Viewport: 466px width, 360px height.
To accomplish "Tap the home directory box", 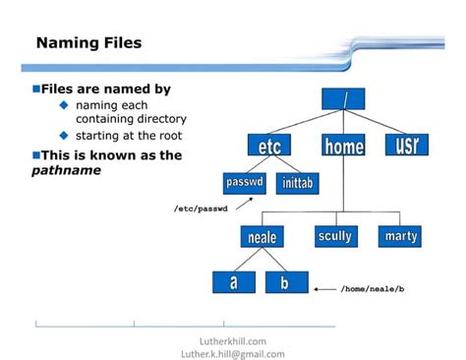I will [x=343, y=147].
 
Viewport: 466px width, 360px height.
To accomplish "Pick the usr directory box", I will [x=406, y=147].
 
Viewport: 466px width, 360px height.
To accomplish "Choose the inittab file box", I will [x=299, y=183].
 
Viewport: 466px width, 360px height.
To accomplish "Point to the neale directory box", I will [x=262, y=237].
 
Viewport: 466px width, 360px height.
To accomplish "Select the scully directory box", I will [x=338, y=236].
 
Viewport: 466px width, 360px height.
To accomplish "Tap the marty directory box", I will [x=400, y=236].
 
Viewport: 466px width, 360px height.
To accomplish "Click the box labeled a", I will [x=233, y=283].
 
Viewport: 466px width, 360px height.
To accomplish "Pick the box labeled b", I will [x=286, y=283].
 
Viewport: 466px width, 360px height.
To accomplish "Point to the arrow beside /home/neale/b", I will [x=324, y=289].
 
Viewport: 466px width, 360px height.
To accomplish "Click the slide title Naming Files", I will [x=88, y=42].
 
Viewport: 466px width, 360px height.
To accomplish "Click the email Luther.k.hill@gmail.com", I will [x=234, y=354].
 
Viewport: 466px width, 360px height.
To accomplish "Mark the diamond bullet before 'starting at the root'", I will [x=64, y=136].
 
